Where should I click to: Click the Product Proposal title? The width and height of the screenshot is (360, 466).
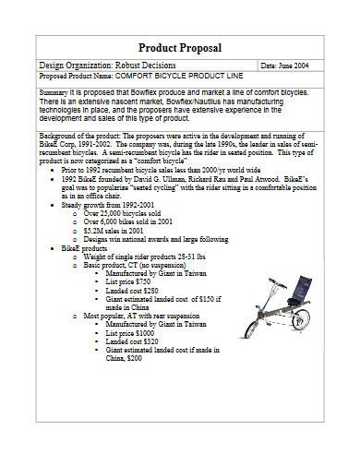(179, 47)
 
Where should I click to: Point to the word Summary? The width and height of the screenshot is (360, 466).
(54, 93)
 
